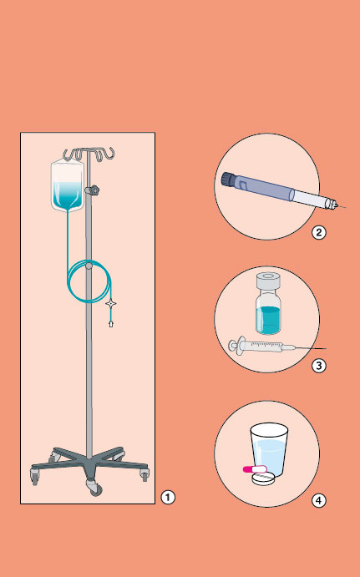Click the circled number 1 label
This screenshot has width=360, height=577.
pyautogui.click(x=168, y=498)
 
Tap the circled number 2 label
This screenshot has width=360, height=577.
pyautogui.click(x=319, y=233)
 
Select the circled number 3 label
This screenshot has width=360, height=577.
pyautogui.click(x=319, y=366)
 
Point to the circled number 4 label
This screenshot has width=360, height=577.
pyautogui.click(x=319, y=500)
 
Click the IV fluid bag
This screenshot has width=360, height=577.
pyautogui.click(x=68, y=186)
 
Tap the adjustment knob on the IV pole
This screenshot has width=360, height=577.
pyautogui.click(x=92, y=190)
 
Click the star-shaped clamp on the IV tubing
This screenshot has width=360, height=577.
pyautogui.click(x=111, y=304)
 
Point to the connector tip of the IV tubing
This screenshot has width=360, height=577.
pyautogui.click(x=111, y=324)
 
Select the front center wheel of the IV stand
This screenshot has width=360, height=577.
pyautogui.click(x=95, y=488)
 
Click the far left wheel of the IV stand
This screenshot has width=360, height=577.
pyautogui.click(x=34, y=477)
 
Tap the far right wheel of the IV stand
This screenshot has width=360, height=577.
pyautogui.click(x=145, y=474)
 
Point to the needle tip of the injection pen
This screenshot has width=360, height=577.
pyautogui.click(x=345, y=208)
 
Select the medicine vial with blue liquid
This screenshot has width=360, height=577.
pyautogui.click(x=269, y=303)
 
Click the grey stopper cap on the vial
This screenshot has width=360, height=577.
pyautogui.click(x=269, y=281)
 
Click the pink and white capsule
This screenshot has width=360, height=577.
pyautogui.click(x=255, y=468)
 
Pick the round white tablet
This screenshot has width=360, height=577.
pyautogui.click(x=263, y=478)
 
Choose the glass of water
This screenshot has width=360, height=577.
pyautogui.click(x=269, y=450)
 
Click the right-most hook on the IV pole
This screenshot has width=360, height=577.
pyautogui.click(x=109, y=154)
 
